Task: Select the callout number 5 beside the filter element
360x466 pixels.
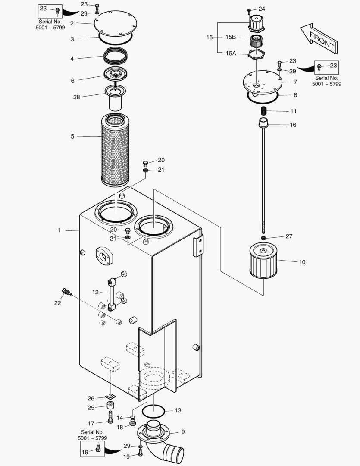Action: pos(72,136)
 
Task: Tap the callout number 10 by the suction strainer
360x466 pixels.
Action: pos(302,262)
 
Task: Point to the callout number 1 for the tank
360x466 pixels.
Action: pos(59,230)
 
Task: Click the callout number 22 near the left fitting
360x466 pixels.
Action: pos(57,303)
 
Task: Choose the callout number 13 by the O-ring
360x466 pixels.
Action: pos(178,410)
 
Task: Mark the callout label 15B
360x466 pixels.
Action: pos(231,38)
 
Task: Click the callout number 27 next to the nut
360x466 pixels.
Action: pos(288,236)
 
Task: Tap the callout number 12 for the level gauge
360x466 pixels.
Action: pos(95,292)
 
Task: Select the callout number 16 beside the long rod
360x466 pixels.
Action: pos(293,125)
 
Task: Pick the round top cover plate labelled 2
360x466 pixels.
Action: pos(115,24)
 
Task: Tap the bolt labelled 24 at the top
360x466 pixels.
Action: pos(249,10)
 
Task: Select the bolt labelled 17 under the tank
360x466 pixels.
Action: pos(110,417)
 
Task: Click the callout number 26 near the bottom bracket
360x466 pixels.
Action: pos(91,398)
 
